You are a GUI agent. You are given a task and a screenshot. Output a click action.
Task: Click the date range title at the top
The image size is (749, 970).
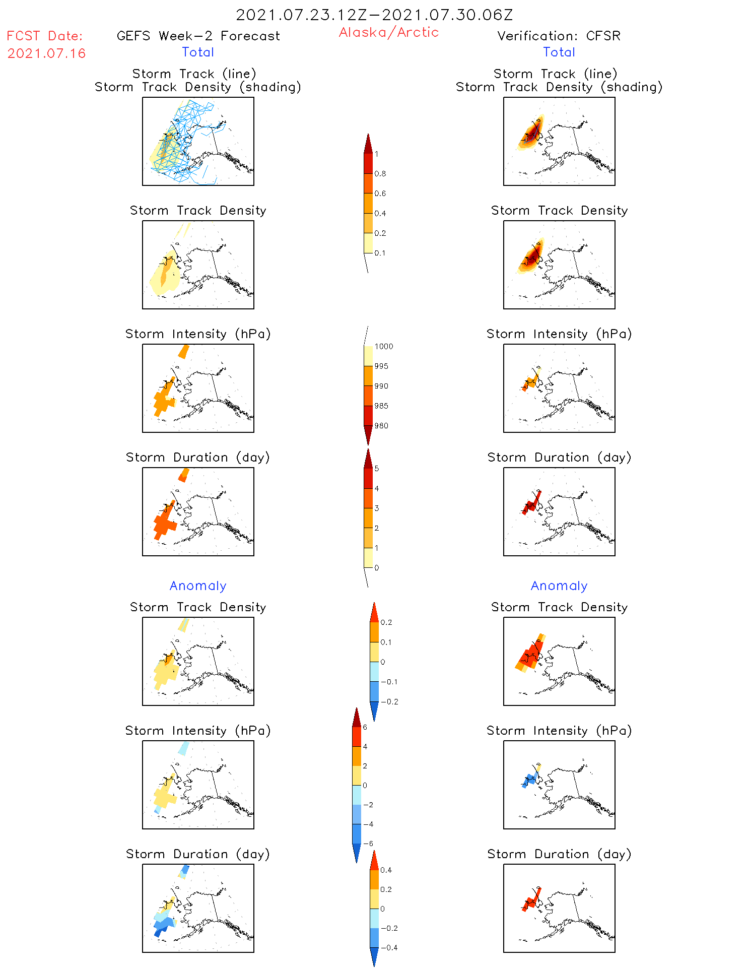(374, 15)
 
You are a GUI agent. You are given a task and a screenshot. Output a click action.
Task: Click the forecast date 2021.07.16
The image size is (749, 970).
(46, 53)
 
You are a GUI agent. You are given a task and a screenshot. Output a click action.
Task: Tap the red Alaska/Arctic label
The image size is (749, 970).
(388, 32)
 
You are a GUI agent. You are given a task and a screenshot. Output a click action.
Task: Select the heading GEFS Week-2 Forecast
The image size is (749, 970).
(198, 36)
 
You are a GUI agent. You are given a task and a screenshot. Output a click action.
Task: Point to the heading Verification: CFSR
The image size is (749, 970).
(559, 36)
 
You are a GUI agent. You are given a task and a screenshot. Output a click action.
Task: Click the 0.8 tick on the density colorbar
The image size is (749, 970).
(380, 174)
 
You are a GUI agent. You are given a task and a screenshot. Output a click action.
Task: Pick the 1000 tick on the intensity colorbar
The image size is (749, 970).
(383, 347)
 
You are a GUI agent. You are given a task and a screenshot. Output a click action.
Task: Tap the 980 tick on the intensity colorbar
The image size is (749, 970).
(381, 426)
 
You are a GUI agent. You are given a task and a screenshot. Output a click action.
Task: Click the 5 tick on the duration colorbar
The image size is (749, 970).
(377, 469)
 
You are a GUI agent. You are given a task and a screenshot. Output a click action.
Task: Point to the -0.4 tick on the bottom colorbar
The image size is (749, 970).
(388, 947)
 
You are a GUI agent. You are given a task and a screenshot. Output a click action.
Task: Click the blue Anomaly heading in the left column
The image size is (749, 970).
(198, 586)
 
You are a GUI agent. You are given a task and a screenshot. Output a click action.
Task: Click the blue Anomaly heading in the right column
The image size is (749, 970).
(559, 586)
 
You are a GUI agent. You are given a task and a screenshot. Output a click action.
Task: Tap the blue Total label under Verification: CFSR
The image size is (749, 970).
(559, 52)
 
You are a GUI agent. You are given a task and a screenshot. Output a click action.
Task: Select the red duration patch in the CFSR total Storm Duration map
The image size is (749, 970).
(532, 504)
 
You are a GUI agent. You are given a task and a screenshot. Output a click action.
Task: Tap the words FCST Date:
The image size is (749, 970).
(45, 36)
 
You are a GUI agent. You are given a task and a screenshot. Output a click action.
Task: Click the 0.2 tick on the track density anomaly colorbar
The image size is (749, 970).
(386, 622)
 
